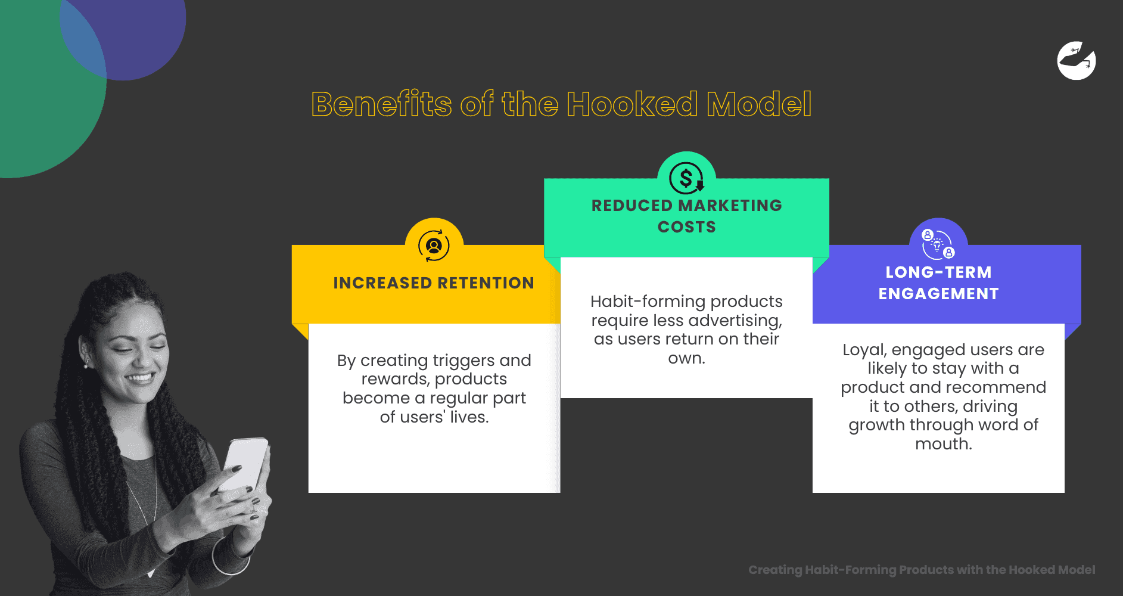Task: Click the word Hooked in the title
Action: coord(632,104)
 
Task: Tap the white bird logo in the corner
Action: coord(1076,61)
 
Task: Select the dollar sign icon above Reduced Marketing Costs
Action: coord(686,178)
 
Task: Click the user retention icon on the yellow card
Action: coord(434,246)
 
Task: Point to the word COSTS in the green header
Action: coord(686,227)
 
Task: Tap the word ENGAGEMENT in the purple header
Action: coord(938,294)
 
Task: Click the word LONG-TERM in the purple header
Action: coord(938,272)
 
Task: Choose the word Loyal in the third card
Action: coord(864,350)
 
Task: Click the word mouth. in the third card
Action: coord(943,444)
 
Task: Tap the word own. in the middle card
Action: coord(686,358)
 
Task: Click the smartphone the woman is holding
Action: coord(245,465)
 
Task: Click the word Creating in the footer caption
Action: coord(775,570)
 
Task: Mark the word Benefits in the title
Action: coord(382,104)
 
